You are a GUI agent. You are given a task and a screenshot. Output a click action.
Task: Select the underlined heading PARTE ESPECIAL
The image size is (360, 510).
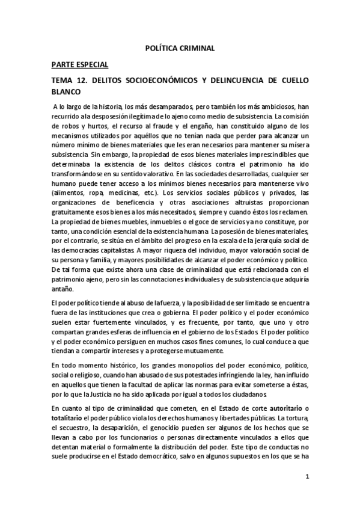click(x=81, y=64)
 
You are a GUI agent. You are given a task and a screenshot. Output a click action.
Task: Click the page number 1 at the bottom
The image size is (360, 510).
click(x=307, y=478)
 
